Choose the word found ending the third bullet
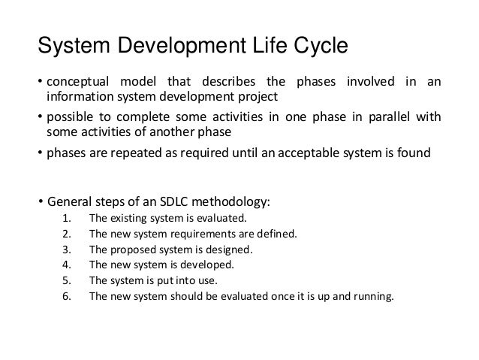pos(414,155)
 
